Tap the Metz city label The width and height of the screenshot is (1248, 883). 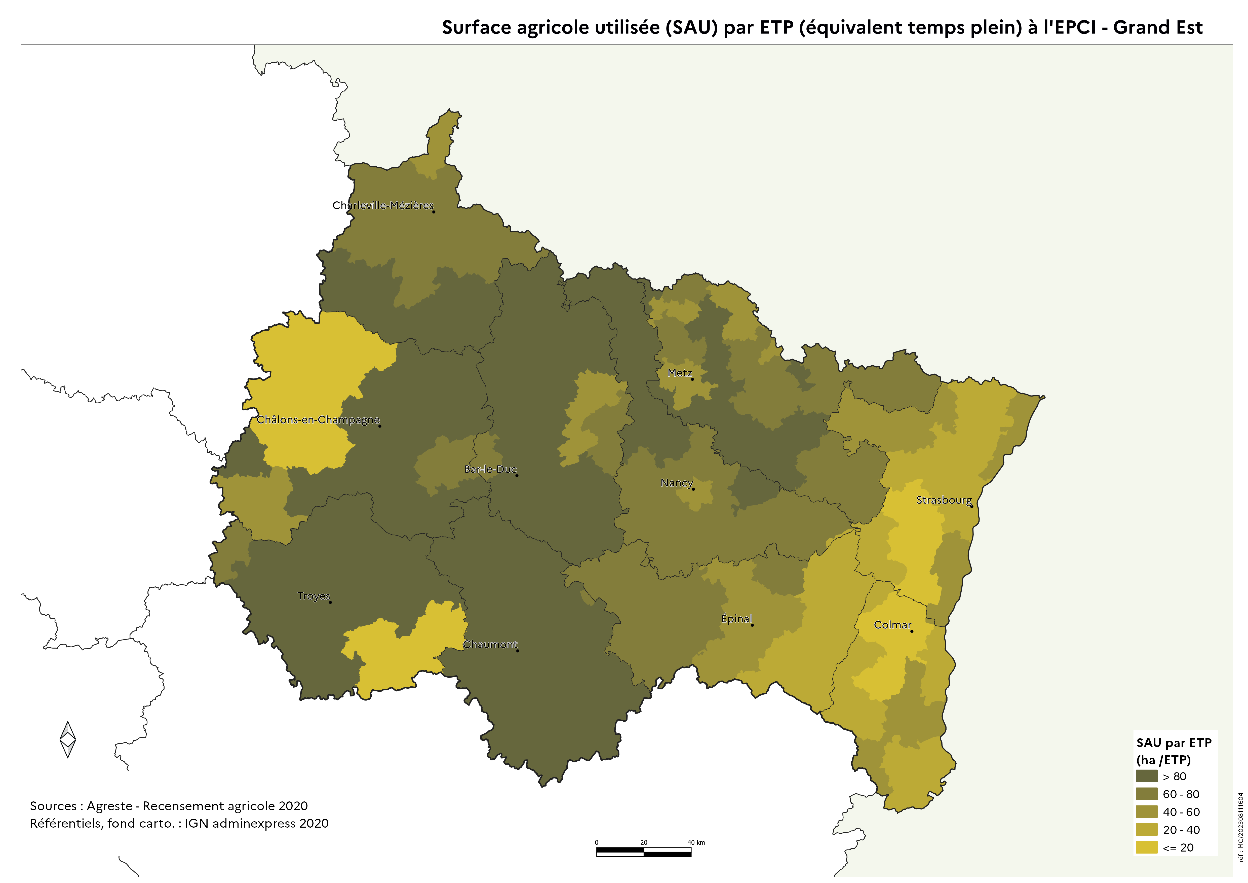tap(679, 373)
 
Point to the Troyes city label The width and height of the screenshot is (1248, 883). tap(314, 596)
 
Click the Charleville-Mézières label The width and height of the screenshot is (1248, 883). tap(383, 205)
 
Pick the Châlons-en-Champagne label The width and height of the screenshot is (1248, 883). tap(318, 419)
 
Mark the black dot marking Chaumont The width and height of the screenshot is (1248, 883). tap(518, 651)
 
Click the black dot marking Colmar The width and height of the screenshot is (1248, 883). tap(912, 631)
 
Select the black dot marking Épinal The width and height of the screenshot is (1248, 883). tap(752, 625)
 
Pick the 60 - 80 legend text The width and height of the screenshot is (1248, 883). tap(1181, 794)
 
